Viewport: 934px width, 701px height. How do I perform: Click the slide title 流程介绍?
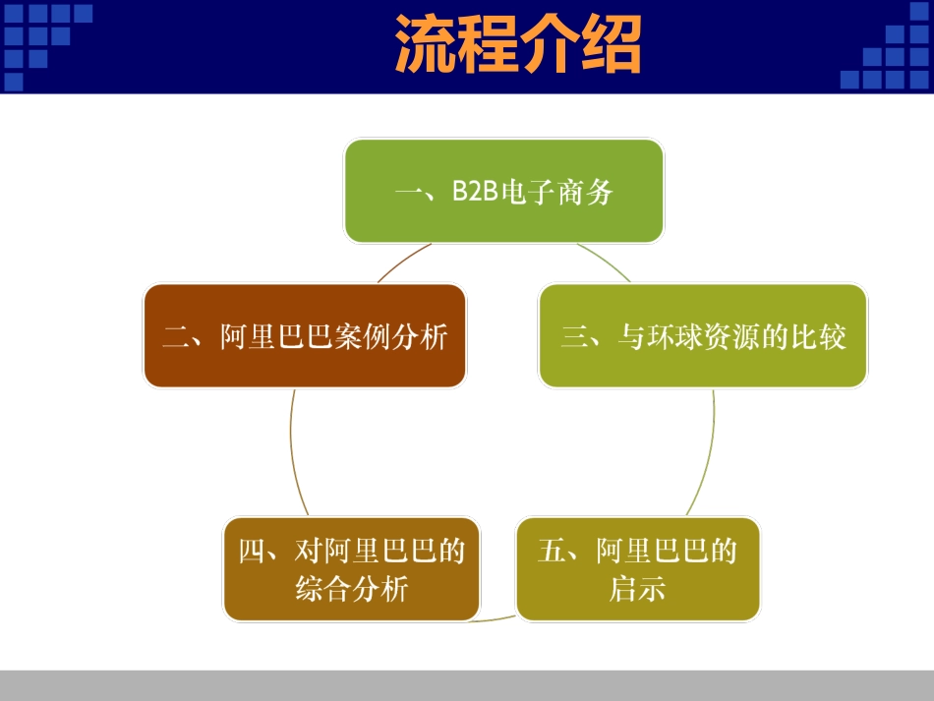tap(518, 44)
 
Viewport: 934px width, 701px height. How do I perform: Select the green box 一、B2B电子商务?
tap(503, 191)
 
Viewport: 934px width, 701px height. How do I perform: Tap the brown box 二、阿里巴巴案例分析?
tap(305, 336)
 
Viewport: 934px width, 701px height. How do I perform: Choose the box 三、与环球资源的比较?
tap(703, 336)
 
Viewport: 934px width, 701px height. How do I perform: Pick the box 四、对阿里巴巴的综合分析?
tap(352, 569)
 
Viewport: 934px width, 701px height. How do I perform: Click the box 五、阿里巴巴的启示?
tap(638, 569)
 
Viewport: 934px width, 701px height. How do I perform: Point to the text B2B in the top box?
tap(476, 192)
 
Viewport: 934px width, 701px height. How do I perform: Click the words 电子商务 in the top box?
tap(557, 192)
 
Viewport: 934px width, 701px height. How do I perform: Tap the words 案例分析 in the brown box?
tap(392, 337)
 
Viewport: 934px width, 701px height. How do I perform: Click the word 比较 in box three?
tap(818, 337)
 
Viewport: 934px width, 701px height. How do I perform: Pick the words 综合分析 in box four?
tap(351, 590)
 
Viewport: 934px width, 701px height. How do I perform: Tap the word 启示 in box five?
tap(637, 590)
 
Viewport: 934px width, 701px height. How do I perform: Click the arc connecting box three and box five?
tap(710, 452)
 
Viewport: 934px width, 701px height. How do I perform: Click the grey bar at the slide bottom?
tap(467, 685)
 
